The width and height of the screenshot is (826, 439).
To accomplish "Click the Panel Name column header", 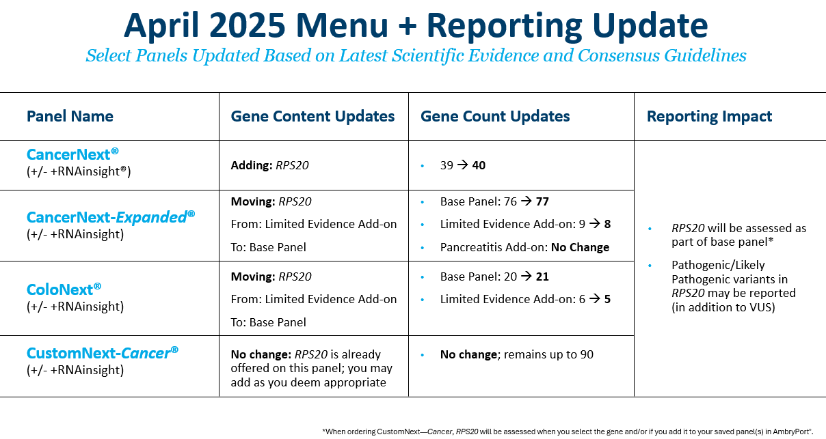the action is [x=70, y=116].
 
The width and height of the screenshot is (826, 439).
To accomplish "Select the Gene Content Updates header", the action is [x=312, y=116].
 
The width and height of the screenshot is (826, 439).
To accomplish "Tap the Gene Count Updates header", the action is [x=495, y=116].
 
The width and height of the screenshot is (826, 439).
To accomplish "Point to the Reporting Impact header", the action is [x=709, y=116].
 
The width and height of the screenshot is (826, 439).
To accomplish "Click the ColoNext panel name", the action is [x=64, y=289].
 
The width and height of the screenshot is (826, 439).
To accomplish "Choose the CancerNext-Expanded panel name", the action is [x=111, y=217].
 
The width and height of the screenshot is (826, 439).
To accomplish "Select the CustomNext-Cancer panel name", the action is [x=103, y=353].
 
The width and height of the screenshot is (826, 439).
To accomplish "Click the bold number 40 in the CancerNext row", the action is [x=479, y=165].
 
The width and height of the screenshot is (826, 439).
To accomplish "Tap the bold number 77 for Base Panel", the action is [x=542, y=201].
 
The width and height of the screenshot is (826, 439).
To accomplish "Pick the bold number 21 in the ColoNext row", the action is [x=542, y=277].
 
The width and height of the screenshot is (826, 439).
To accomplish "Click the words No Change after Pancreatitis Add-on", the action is [x=580, y=247].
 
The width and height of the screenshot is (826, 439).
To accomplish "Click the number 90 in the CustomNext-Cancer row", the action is [x=587, y=354].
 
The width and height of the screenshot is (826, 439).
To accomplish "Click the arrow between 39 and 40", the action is [x=462, y=165].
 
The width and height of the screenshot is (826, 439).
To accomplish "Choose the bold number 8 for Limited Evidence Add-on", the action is [x=607, y=225].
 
